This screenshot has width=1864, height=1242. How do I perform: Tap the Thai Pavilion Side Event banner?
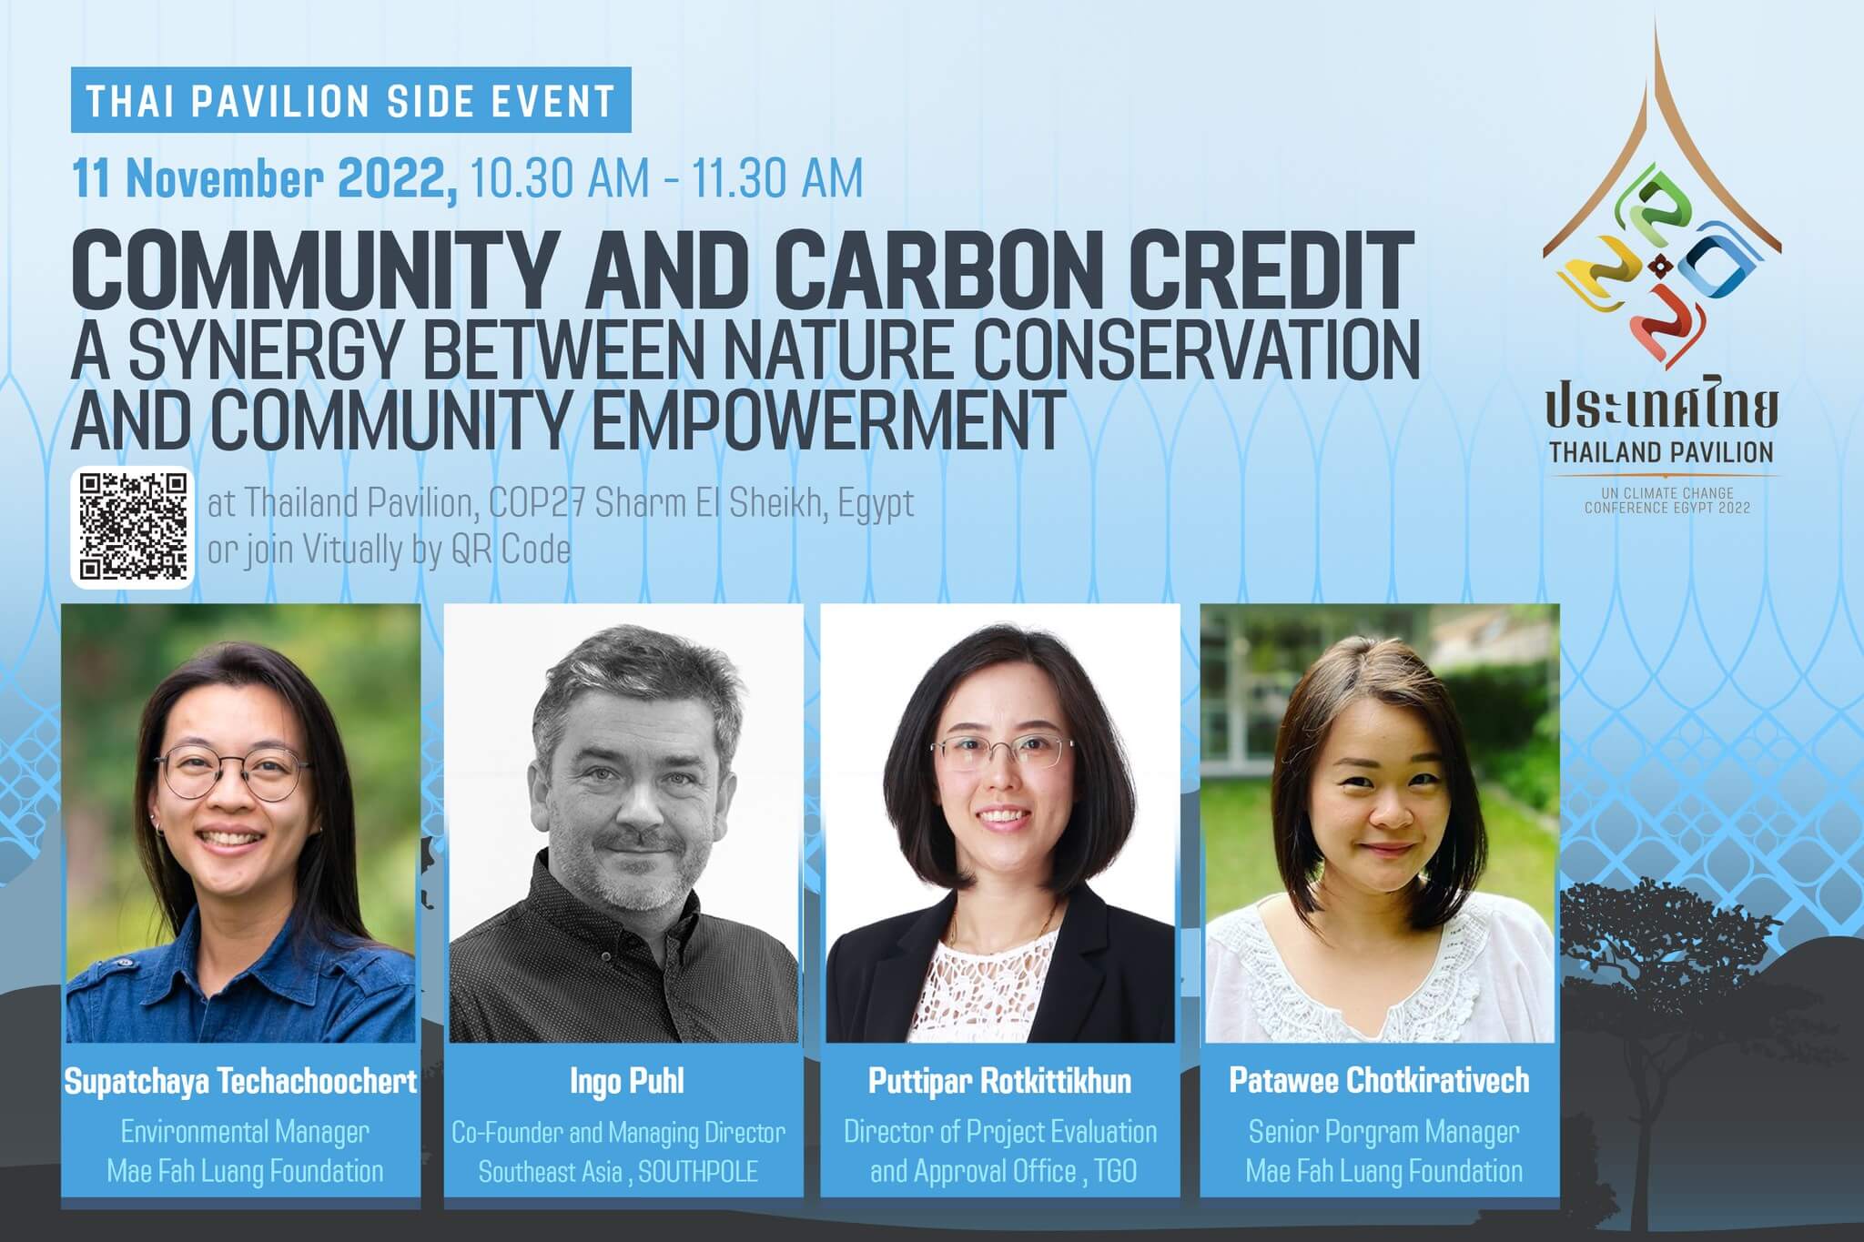point(350,100)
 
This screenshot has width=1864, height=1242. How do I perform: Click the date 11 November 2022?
point(265,178)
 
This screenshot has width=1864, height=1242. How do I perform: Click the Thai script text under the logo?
point(1662,407)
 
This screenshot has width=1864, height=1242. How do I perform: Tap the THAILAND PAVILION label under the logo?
point(1662,452)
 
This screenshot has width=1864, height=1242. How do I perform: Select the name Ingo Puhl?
point(626,1081)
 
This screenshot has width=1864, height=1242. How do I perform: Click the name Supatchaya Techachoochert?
point(240,1081)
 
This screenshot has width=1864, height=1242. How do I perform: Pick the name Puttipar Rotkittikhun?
point(999,1081)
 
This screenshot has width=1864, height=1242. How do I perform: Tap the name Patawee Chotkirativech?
point(1379,1080)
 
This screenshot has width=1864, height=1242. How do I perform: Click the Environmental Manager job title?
point(245,1132)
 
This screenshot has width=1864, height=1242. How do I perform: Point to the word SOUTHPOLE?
point(698,1171)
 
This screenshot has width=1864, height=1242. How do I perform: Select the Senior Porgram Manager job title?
point(1383,1132)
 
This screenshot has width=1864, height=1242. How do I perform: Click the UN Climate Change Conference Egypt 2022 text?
point(1667,500)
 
